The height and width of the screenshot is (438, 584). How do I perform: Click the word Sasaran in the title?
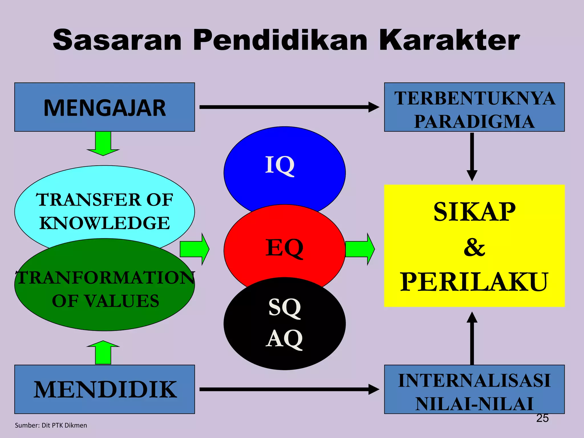coord(117,40)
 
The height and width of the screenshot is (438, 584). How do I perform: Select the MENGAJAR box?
coord(104,107)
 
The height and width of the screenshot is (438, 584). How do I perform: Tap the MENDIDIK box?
coord(104,390)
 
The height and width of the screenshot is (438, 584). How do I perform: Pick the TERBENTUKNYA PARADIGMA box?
coord(474,107)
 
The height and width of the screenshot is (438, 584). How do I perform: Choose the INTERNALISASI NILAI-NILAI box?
coord(474,390)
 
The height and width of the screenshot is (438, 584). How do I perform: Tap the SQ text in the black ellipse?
coord(285,307)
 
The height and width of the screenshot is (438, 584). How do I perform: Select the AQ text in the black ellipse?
coord(284,339)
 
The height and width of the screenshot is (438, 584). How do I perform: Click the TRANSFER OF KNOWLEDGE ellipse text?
coord(104,211)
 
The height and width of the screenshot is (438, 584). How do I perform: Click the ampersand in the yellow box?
coord(474,247)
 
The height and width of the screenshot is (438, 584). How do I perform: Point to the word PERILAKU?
coord(474,282)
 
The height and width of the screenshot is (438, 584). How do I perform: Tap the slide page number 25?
coord(542,418)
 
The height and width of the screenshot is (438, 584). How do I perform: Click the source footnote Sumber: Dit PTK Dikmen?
coord(51,425)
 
